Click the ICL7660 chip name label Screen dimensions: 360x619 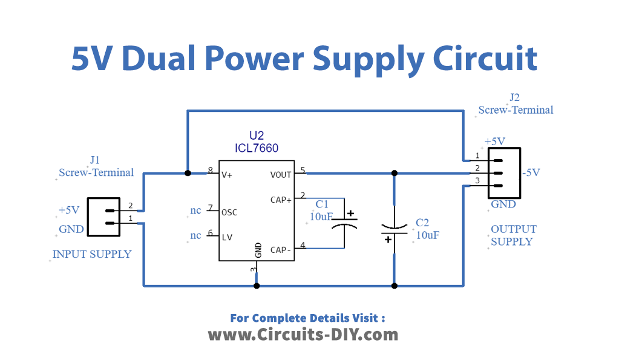pyautogui.click(x=257, y=148)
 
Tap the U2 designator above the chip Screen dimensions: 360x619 pyautogui.click(x=257, y=136)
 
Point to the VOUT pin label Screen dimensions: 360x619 pyautogui.click(x=281, y=175)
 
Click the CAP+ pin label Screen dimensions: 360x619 pyautogui.click(x=281, y=199)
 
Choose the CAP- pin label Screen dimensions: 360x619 pyautogui.click(x=281, y=249)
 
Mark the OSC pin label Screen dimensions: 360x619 pyautogui.click(x=229, y=212)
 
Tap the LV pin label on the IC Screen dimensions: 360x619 pyautogui.click(x=227, y=237)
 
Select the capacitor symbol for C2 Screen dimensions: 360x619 pyautogui.click(x=394, y=230)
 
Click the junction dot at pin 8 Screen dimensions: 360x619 pyautogui.click(x=188, y=173)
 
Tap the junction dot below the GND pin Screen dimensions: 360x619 pyautogui.click(x=257, y=285)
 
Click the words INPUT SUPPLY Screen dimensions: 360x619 pyautogui.click(x=92, y=254)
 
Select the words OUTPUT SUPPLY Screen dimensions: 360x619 pyautogui.click(x=513, y=235)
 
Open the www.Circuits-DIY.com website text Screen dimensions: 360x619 pyautogui.click(x=303, y=334)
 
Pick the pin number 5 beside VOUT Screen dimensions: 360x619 pyautogui.click(x=303, y=170)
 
